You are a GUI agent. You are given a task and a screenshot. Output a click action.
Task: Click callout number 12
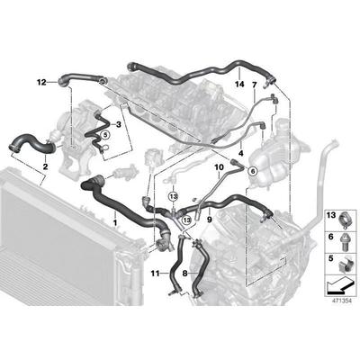coord(40,83)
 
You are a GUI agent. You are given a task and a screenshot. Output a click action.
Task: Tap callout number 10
coord(219,167)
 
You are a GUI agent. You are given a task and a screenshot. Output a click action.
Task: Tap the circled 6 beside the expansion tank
coord(252,169)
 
